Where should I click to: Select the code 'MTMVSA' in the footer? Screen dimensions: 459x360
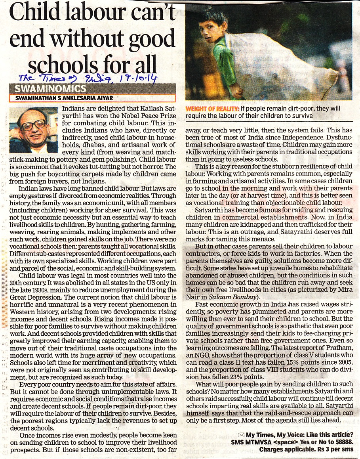[x=260, y=442]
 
